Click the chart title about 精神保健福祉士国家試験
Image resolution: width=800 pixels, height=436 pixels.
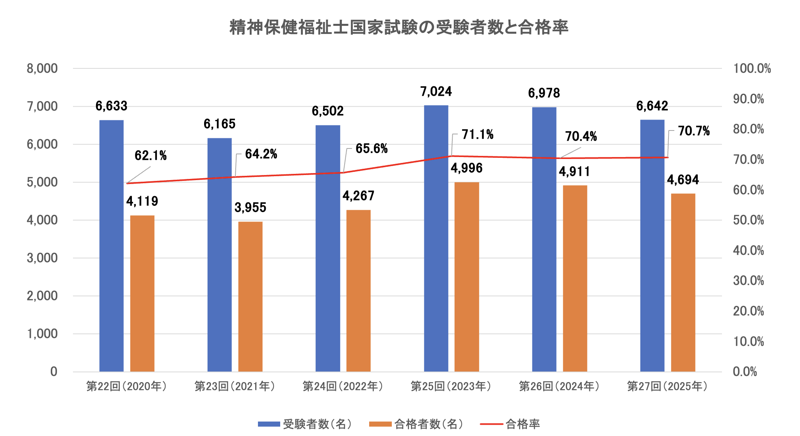398,27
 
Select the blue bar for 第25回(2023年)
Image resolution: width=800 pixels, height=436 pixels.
436,238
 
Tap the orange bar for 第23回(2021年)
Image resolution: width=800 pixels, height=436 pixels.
250,297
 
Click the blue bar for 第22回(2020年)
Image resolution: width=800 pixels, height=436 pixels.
111,246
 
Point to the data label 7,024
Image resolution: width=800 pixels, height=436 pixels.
436,92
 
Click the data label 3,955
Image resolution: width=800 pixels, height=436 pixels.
250,207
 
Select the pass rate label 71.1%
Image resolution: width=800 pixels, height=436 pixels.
477,135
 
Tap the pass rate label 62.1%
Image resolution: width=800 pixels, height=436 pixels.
150,156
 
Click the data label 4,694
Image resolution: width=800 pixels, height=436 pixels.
683,180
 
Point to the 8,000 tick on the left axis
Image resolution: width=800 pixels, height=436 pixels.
42,69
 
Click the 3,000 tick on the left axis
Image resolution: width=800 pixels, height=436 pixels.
42,258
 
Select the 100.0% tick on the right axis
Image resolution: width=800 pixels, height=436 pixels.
752,69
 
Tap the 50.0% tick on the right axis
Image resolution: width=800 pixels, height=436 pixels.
748,220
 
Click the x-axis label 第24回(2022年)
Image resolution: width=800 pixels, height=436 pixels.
343,386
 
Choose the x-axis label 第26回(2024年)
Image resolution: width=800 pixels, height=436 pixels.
559,386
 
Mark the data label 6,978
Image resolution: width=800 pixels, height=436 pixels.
544,93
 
